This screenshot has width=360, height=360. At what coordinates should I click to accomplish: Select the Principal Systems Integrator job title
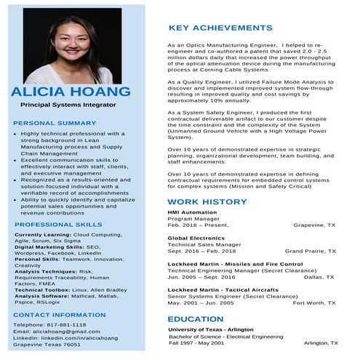(x=68, y=105)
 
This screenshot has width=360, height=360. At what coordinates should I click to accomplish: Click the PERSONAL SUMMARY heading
(x=55, y=123)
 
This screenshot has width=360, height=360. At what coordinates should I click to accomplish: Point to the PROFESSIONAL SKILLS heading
(x=58, y=225)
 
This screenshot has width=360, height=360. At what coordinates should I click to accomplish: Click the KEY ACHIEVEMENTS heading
(x=220, y=28)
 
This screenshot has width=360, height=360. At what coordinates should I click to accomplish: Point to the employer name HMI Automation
(x=192, y=212)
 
